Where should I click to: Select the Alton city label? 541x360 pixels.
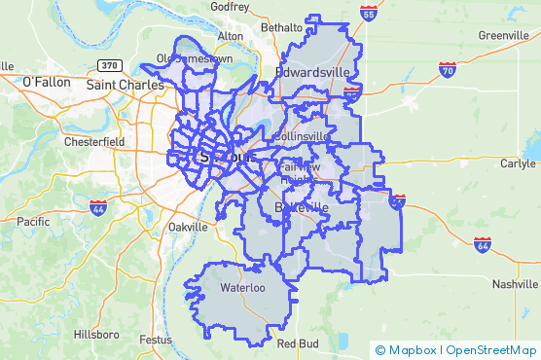coord(231,36)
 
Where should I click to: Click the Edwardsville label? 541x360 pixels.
coord(312,72)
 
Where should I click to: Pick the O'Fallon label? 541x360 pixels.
coord(46,82)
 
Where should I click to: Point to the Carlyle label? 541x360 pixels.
coord(518,163)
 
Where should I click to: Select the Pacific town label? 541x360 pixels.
coord(32,222)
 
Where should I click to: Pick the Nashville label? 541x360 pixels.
coord(515,284)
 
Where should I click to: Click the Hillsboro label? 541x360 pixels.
coord(95,334)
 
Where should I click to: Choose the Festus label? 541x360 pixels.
coord(156,340)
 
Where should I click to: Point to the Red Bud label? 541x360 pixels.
coord(298,343)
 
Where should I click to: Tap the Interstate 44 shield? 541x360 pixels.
coord(98,207)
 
